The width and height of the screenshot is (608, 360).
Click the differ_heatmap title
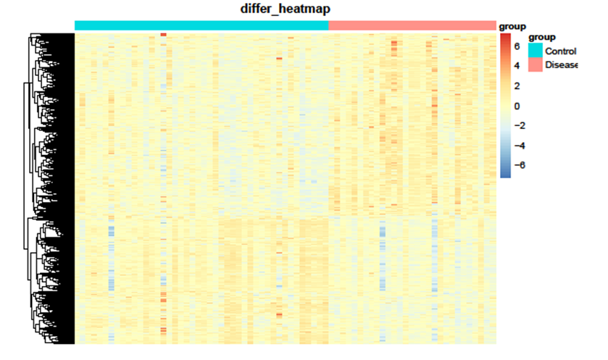[x=286, y=9]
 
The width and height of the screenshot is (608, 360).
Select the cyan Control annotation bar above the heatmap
[x=201, y=25]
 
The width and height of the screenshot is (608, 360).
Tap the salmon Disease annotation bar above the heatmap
[x=412, y=25]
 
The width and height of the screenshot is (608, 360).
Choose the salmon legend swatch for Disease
[x=536, y=65]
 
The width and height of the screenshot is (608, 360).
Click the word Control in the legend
[x=560, y=51]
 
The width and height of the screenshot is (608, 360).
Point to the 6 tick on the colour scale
[x=517, y=46]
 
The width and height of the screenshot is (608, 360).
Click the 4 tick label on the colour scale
[x=517, y=66]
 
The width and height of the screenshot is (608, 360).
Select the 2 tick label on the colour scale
[x=517, y=86]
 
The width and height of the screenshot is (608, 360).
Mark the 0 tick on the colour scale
[x=517, y=106]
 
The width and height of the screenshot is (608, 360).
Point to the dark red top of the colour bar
[x=505, y=36]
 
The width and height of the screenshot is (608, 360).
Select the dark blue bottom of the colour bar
[x=505, y=175]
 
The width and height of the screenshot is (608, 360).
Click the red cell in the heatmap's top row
[x=163, y=35]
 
